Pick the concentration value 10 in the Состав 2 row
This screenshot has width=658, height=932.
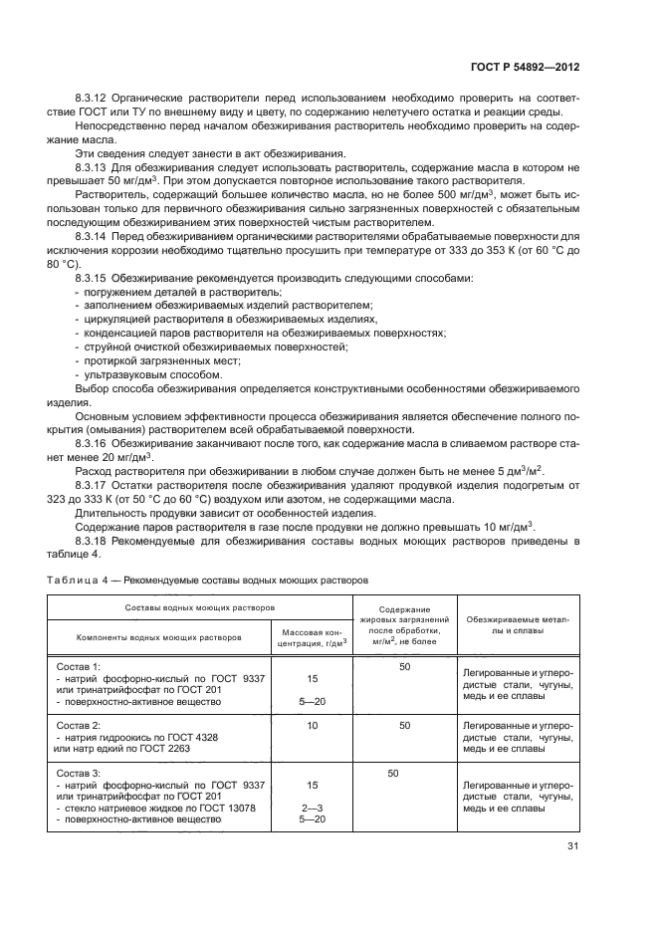(x=312, y=726)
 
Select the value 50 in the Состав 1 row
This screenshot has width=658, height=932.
(x=404, y=666)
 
